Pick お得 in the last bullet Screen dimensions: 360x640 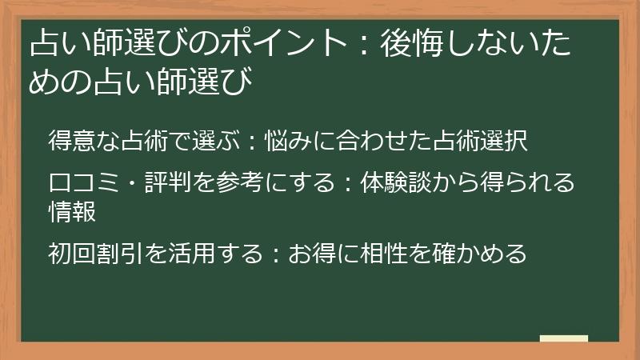click(313, 254)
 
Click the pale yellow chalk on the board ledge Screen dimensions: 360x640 click(563, 338)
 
